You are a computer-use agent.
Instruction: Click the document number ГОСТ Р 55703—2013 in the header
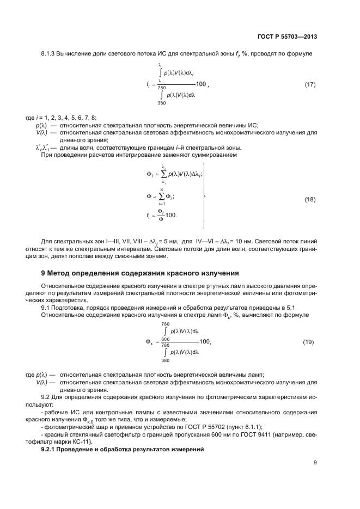coord(288,37)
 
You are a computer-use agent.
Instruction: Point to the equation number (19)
coord(308,342)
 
